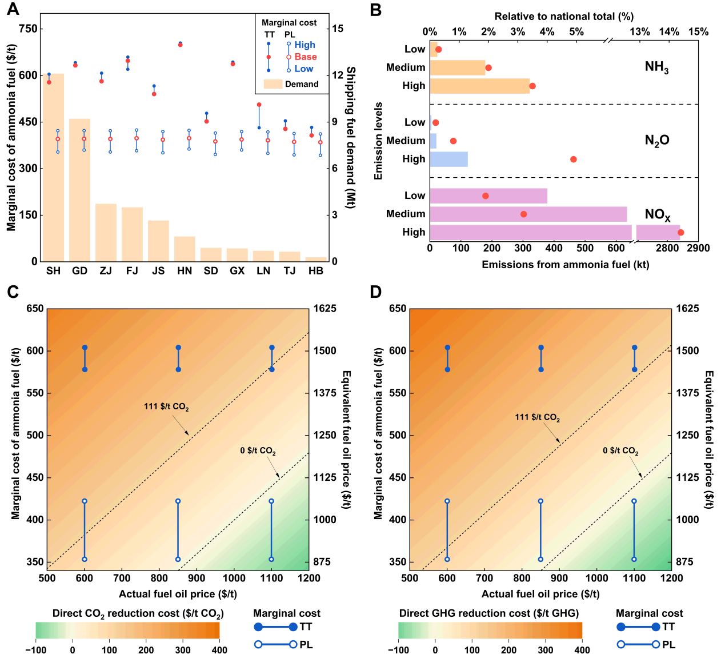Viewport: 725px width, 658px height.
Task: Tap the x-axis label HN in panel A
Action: click(185, 271)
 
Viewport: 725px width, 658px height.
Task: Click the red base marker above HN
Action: click(181, 45)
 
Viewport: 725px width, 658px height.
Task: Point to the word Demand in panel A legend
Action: click(302, 84)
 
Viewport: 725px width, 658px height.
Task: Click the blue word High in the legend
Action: click(305, 45)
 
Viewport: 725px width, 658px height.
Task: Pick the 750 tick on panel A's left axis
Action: click(28, 29)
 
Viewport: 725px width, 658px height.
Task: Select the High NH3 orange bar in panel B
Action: click(479, 86)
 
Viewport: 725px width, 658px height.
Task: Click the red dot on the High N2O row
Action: click(573, 159)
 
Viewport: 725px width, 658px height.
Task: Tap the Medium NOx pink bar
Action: click(528, 214)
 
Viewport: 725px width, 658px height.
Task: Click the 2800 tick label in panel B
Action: click(666, 248)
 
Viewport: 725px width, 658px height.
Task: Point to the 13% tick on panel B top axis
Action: click(639, 31)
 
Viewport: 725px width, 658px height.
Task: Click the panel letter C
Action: click(13, 292)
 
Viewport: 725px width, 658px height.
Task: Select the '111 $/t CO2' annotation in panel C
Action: click(166, 407)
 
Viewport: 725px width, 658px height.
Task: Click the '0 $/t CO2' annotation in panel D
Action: click(620, 450)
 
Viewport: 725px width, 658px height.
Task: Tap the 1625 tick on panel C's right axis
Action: click(325, 309)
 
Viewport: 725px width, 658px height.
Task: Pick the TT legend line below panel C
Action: click(275, 627)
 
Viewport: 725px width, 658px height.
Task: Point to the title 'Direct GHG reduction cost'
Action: click(488, 613)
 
